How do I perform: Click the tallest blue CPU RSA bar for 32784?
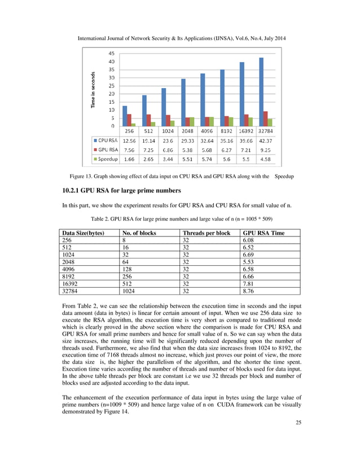[x=261, y=90]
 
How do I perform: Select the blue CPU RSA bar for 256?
[x=125, y=116]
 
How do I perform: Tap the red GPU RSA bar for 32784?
[x=266, y=118]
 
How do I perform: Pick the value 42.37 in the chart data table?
[x=265, y=140]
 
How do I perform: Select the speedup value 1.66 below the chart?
[x=129, y=160]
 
